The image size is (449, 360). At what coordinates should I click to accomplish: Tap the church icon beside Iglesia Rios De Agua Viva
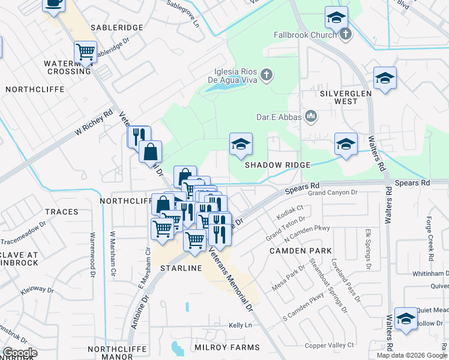267,76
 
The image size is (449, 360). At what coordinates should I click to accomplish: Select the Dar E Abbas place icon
311,115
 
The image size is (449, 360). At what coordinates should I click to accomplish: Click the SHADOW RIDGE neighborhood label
277,165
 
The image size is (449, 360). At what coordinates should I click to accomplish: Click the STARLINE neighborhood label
181,268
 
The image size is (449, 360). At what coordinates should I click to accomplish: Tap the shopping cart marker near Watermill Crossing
86,52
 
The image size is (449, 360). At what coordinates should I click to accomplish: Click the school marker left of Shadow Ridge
241,144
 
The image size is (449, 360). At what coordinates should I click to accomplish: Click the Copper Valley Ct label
330,346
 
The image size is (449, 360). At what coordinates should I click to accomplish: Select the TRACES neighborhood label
61,212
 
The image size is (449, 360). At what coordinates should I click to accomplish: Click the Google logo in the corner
20,353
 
